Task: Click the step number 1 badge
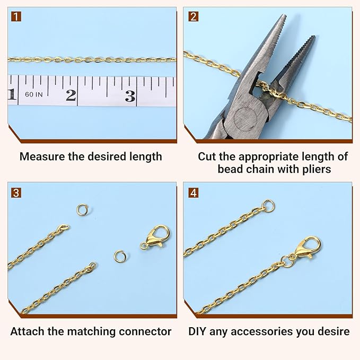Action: pyautogui.click(x=16, y=16)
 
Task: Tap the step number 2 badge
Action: pyautogui.click(x=194, y=16)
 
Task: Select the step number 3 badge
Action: pyautogui.click(x=16, y=192)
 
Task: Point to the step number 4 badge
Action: pyautogui.click(x=194, y=192)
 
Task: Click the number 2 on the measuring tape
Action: pyautogui.click(x=71, y=95)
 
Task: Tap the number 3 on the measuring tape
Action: pyautogui.click(x=130, y=96)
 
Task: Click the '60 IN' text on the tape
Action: pyautogui.click(x=34, y=94)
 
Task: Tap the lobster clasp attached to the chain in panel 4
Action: pyautogui.click(x=303, y=249)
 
